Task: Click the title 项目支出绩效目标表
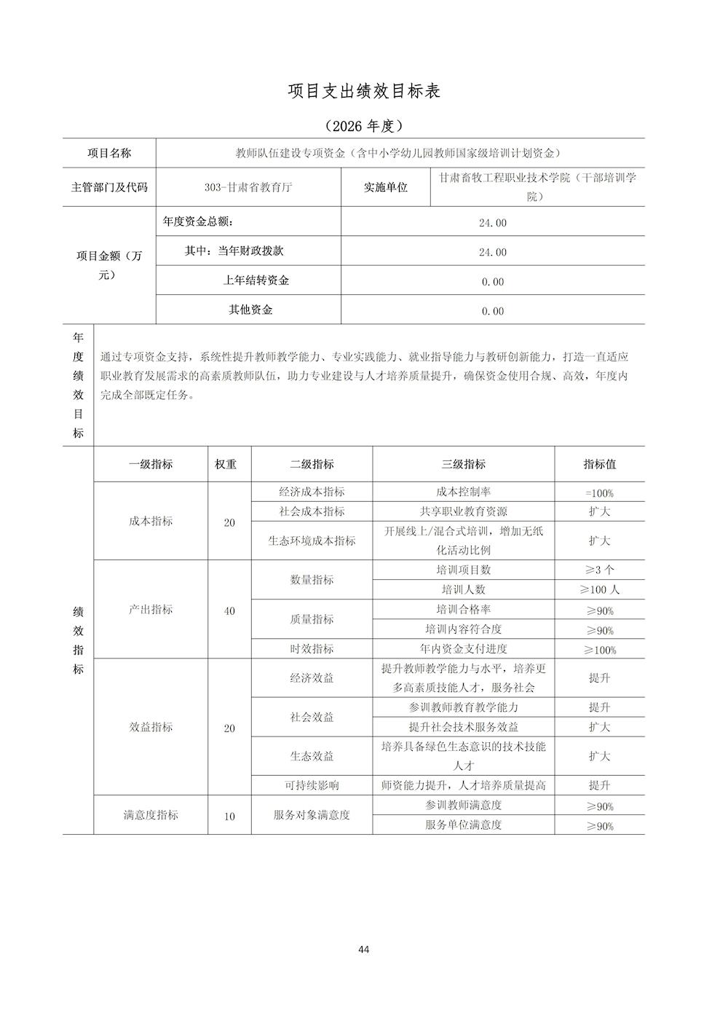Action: [364, 91]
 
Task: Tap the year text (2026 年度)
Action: [364, 126]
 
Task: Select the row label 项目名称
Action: [109, 153]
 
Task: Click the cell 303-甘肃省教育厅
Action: [248, 186]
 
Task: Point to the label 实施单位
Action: [386, 187]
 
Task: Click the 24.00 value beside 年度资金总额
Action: [493, 223]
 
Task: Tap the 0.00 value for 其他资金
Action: [493, 311]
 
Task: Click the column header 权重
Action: [226, 464]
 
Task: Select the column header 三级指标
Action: [463, 464]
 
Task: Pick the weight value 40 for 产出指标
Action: [229, 610]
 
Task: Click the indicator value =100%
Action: [599, 493]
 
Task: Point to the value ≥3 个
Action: [599, 570]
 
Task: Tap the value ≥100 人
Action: [599, 590]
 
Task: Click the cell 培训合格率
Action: [463, 609]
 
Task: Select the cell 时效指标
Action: [312, 649]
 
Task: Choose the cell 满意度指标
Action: [151, 815]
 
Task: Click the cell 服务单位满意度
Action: [463, 825]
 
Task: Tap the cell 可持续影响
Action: [312, 785]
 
